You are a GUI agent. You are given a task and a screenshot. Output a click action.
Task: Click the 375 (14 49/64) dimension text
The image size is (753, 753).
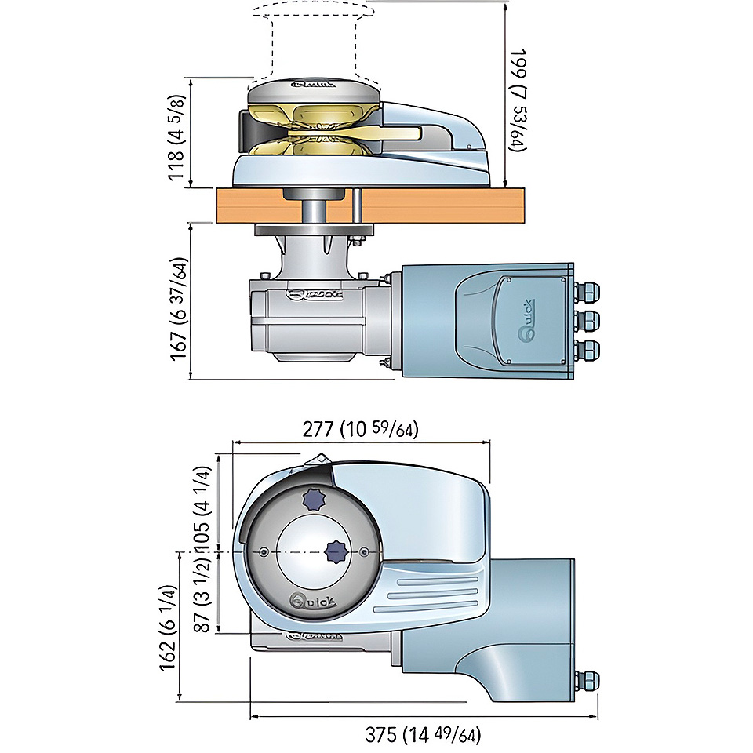[x=423, y=735]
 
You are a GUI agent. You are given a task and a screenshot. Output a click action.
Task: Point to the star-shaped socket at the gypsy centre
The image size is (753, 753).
[x=336, y=551]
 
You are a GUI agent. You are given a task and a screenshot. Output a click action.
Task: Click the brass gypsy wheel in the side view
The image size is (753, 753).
[x=314, y=129]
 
